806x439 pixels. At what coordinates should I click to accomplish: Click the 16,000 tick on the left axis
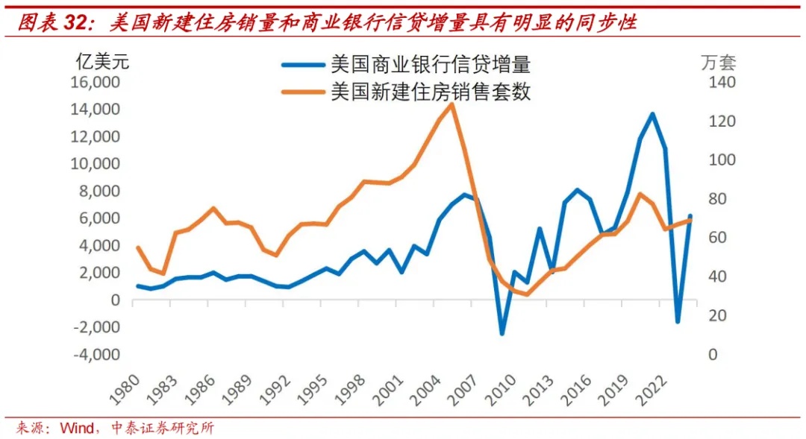96,82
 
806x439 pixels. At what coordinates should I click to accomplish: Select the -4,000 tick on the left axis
96,354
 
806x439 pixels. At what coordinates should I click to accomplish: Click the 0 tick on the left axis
115,300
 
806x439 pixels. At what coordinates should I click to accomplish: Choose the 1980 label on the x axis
124,388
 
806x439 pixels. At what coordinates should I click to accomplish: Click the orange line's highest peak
452,104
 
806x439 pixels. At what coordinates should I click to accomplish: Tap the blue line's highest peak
652,114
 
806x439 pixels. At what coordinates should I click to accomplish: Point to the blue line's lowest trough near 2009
502,332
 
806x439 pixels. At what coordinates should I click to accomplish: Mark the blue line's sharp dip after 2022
678,321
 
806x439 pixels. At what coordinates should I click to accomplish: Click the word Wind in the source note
76,428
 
